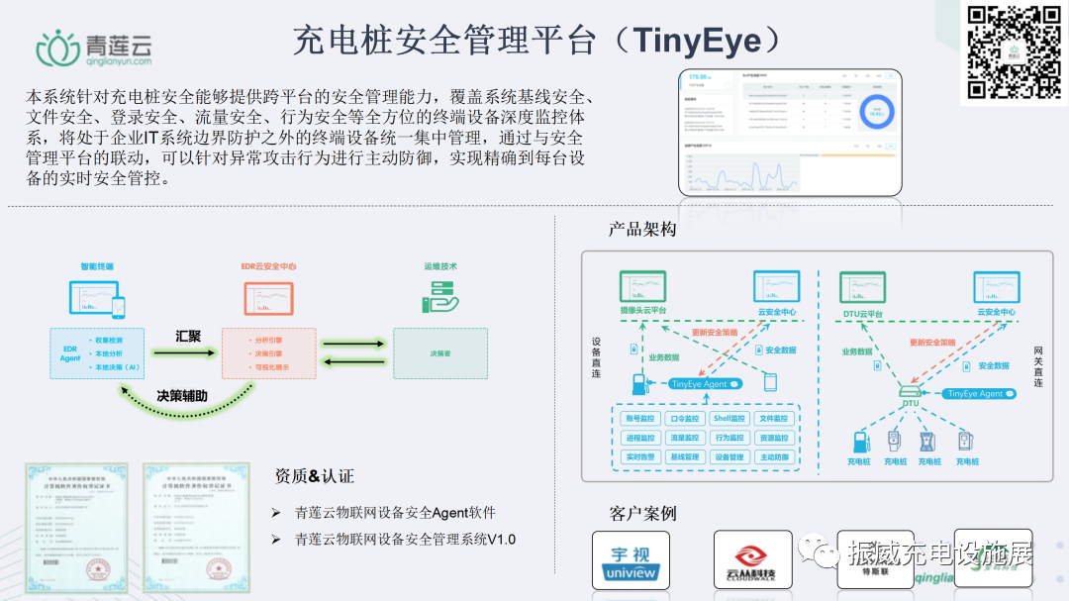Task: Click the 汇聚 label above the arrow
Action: point(188,336)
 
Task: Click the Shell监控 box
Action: point(729,419)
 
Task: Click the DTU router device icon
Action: point(909,393)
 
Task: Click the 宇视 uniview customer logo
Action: point(631,561)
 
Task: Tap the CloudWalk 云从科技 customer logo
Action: point(752,561)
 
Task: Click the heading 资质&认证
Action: point(314,476)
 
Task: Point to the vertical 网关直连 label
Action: point(1037,366)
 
